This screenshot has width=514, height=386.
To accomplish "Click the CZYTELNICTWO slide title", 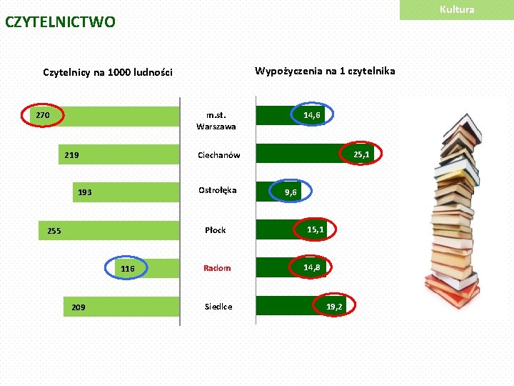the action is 60,22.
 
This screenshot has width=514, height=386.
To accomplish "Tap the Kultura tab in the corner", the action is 457,9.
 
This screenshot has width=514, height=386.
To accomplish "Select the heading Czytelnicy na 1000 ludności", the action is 108,72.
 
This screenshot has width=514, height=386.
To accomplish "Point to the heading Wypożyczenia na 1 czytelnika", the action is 325,71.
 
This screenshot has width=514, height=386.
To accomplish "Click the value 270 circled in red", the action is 43,114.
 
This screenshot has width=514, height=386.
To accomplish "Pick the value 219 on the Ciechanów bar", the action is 71,154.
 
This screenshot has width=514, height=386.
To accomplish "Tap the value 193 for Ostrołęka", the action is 84,192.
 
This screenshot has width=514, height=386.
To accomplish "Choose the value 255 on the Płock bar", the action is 54,231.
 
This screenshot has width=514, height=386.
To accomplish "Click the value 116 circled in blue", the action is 127,269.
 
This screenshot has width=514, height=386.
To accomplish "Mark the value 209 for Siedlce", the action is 79,307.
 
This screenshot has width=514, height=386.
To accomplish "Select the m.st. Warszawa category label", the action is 216,120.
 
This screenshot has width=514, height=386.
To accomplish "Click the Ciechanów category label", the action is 218,155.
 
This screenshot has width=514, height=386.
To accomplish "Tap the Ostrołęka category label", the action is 217,190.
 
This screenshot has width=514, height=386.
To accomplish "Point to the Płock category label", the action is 215,230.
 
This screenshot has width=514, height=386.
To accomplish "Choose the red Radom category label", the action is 217,268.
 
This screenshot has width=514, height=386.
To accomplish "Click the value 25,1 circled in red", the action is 361,154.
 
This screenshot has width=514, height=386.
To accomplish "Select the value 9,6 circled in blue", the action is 291,192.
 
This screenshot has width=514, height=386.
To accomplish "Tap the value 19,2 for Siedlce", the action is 334,307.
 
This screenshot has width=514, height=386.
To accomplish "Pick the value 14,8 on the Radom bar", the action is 311,267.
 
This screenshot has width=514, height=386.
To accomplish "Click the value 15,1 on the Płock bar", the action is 316,229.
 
